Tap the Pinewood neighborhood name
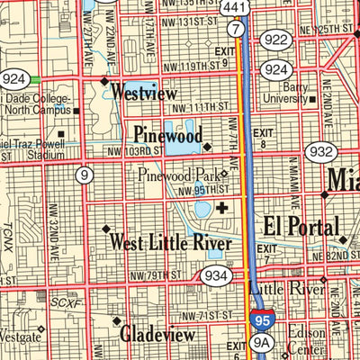point(166,135)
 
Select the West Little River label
point(170,243)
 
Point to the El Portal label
point(301,225)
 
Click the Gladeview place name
point(157,334)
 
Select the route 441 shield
point(236,8)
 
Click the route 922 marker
point(276,39)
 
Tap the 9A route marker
point(262,343)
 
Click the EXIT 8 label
point(263,139)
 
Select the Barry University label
point(287,94)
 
